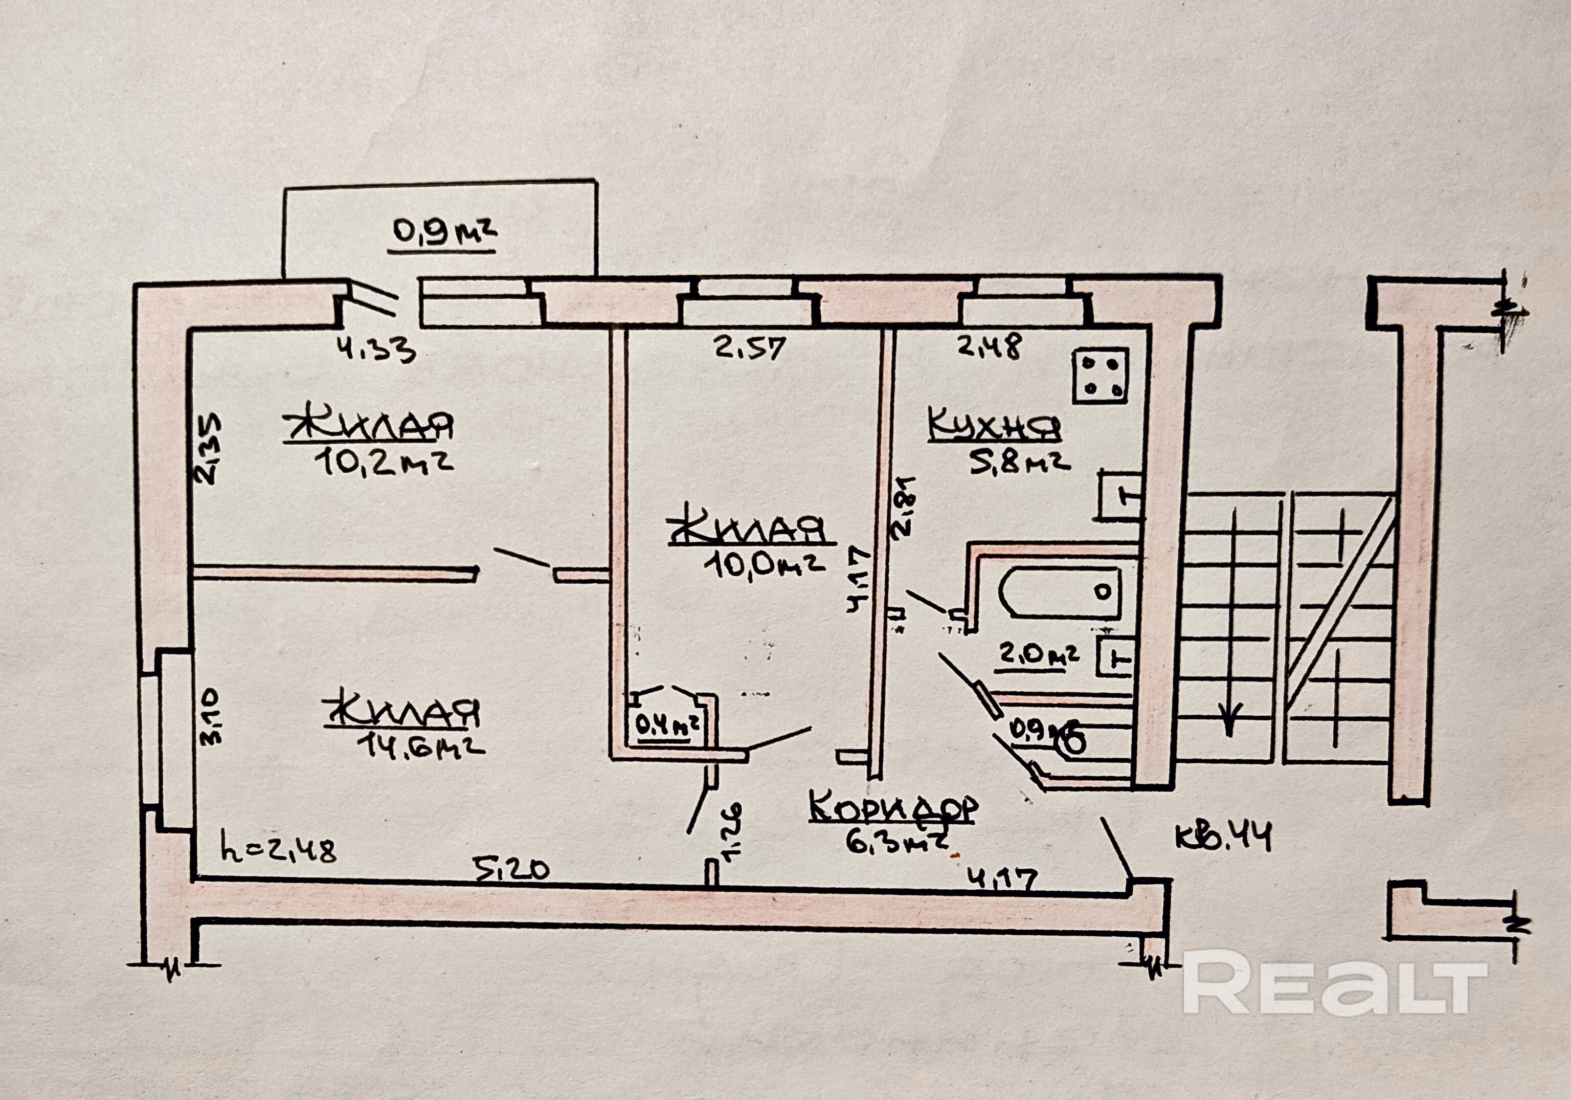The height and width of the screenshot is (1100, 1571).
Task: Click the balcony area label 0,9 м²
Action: (x=443, y=232)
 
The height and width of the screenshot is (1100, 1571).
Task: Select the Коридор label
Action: (x=893, y=808)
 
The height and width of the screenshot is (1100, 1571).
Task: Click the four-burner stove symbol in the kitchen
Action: (x=1100, y=376)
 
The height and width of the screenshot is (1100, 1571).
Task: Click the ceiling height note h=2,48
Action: (x=279, y=851)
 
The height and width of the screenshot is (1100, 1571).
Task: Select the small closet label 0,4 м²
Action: (x=668, y=724)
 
